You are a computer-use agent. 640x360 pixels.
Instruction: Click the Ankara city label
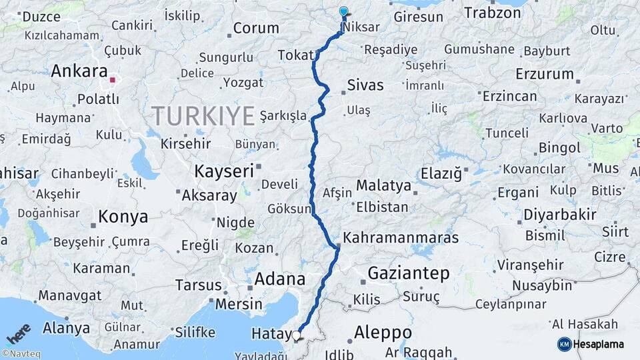[x=79, y=71]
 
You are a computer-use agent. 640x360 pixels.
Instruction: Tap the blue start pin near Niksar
[x=343, y=11]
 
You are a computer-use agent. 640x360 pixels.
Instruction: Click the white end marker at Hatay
[x=297, y=335]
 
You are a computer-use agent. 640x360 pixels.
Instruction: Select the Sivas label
[x=365, y=85]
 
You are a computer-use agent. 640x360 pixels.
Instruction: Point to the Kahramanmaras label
[x=401, y=238]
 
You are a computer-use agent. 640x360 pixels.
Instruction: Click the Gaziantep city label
[x=409, y=273]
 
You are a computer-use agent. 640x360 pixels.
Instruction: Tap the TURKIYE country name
[x=203, y=116]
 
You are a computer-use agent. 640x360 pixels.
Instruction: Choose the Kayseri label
[x=224, y=171]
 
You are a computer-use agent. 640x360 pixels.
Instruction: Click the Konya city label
[x=123, y=217]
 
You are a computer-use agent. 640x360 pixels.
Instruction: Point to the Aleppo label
[x=383, y=332]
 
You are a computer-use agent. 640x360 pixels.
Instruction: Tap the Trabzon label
[x=492, y=13]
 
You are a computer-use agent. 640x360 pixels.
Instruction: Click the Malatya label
[x=383, y=185]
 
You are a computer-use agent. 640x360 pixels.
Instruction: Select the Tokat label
[x=295, y=55]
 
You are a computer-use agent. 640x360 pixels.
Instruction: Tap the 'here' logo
[x=19, y=333]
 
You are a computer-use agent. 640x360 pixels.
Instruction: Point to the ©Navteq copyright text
[x=21, y=354]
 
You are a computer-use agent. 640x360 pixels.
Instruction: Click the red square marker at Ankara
[x=113, y=81]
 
